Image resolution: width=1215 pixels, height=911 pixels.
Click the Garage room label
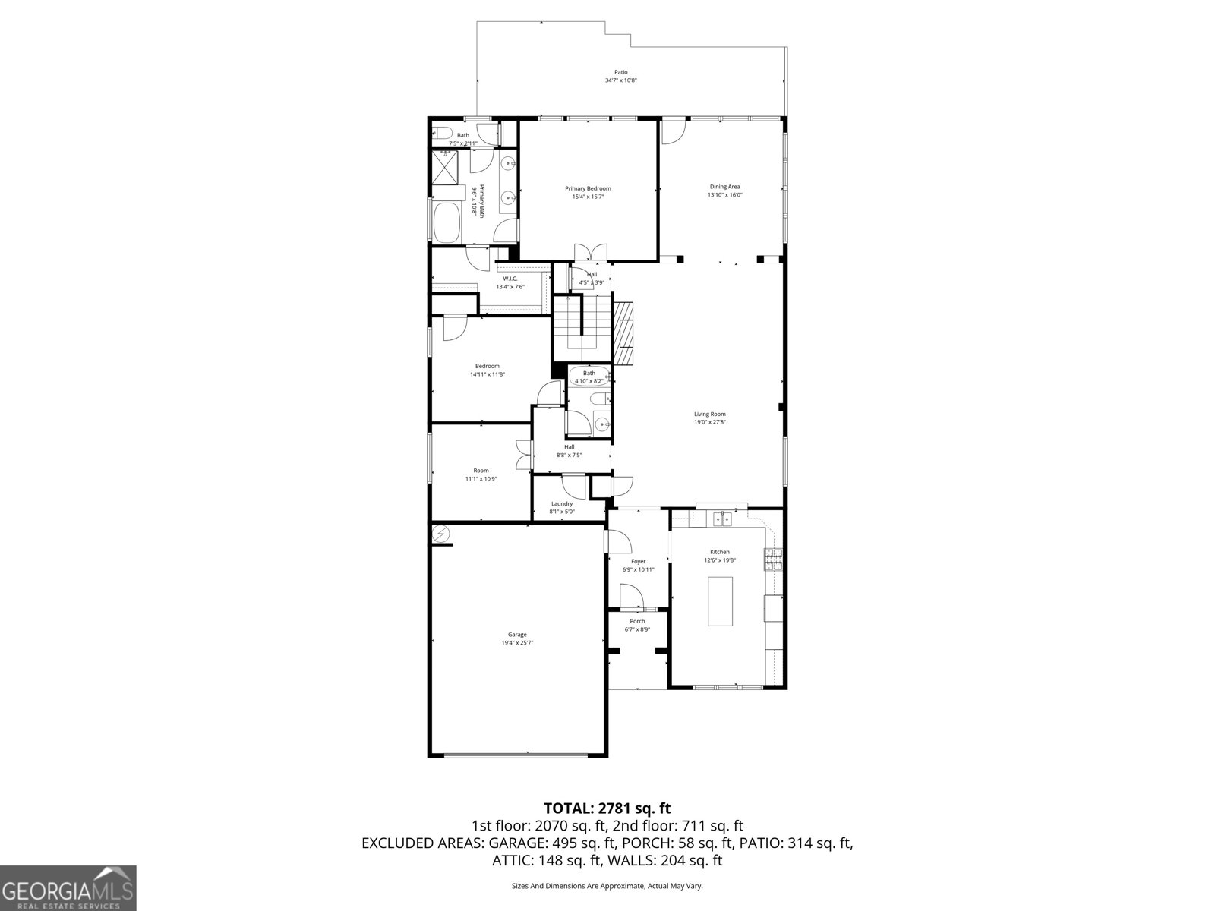pos(517,635)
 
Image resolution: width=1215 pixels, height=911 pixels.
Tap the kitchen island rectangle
pos(720,601)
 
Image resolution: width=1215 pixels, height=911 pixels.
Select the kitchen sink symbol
pos(721,519)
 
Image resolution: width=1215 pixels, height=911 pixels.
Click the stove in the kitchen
pos(775,560)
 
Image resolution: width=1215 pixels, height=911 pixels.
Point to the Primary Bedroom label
pos(588,188)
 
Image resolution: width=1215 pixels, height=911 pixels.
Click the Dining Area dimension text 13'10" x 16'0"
pos(724,195)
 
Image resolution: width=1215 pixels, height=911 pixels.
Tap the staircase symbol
pos(582,328)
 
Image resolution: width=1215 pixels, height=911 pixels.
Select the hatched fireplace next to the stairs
pos(624,333)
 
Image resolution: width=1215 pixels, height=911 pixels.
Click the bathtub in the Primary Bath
pos(446,222)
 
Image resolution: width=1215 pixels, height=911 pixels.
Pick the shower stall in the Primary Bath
pos(447,168)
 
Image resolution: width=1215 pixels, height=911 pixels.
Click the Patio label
pos(621,72)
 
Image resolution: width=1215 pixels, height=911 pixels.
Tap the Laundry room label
pos(562,503)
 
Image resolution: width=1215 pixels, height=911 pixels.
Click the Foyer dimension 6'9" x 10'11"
pos(638,569)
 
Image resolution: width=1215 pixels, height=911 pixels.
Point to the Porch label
pos(637,621)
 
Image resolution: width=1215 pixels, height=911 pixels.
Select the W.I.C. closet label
pos(510,279)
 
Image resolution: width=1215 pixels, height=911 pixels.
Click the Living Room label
pos(710,414)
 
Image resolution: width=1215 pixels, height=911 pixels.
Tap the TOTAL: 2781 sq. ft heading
pos(607,808)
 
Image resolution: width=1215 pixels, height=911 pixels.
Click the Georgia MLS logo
pos(68,888)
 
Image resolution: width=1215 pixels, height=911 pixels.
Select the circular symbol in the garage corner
pos(441,535)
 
